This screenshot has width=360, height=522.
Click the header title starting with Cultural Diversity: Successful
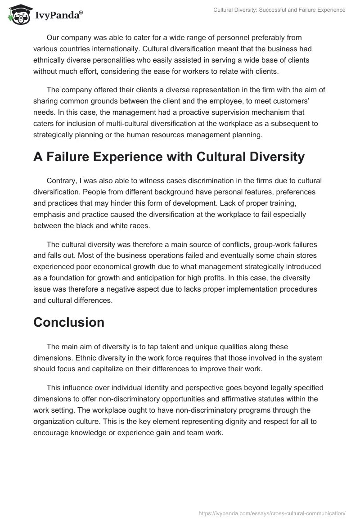pyautogui.click(x=279, y=10)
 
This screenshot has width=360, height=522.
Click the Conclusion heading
pyautogui.click(x=69, y=322)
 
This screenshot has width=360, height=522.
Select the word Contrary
pyautogui.click(x=61, y=181)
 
